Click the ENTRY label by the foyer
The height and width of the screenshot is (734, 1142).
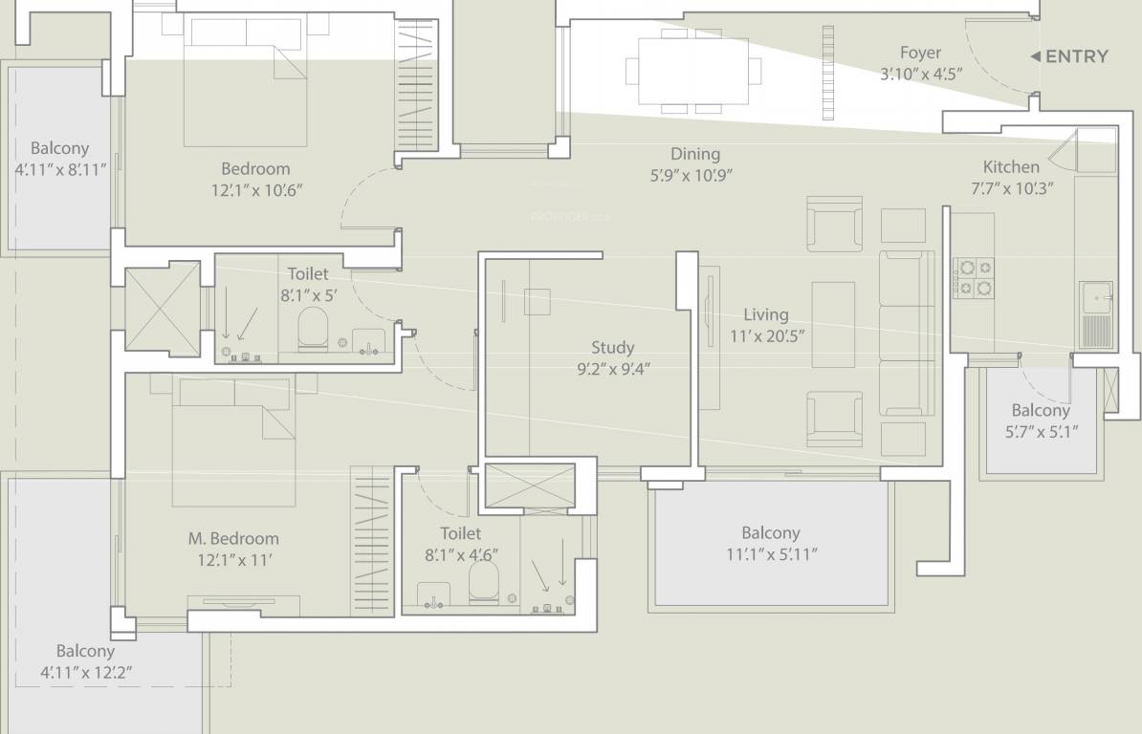point(1076,56)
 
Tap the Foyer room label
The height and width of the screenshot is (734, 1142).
point(921,54)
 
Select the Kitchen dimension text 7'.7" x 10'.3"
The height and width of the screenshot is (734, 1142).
point(1012,188)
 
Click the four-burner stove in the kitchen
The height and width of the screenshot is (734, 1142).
point(975,277)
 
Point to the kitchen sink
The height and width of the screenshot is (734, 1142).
point(1096,298)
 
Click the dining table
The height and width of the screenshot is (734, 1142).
point(692,72)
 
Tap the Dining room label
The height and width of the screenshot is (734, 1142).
point(694,154)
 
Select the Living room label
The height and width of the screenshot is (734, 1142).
point(765,315)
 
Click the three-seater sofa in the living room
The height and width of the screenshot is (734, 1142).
point(907,334)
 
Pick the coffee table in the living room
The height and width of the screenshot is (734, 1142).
point(833,324)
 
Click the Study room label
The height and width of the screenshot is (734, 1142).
point(612,348)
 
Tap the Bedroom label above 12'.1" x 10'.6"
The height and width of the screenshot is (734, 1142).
point(255,169)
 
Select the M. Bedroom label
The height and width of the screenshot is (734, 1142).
point(233,538)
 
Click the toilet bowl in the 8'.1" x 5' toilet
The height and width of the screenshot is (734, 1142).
point(313,328)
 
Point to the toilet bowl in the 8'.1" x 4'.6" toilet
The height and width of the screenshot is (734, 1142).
point(484,582)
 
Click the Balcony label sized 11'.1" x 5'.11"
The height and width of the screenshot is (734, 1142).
point(771,533)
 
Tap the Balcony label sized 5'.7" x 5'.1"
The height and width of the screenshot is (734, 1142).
point(1041,410)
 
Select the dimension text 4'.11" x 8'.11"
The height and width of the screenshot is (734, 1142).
point(60,170)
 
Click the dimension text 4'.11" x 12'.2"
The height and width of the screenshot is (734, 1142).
point(86,673)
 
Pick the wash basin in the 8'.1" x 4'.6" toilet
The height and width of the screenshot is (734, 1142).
point(433,595)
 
